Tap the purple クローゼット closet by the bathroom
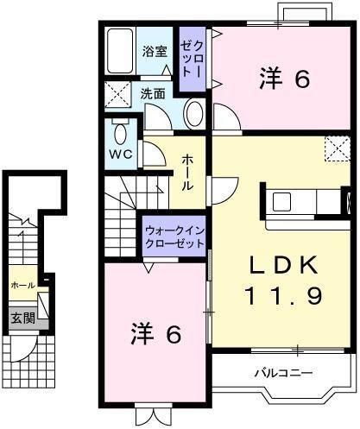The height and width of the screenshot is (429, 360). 191,60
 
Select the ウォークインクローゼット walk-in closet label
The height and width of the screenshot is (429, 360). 175,237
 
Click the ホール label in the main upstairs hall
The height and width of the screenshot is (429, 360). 189,173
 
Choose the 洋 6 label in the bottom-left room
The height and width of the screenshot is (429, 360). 156,334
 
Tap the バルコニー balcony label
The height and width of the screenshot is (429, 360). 284,372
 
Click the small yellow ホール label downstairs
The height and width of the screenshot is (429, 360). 22,285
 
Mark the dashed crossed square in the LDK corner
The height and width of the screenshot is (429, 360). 336,148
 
